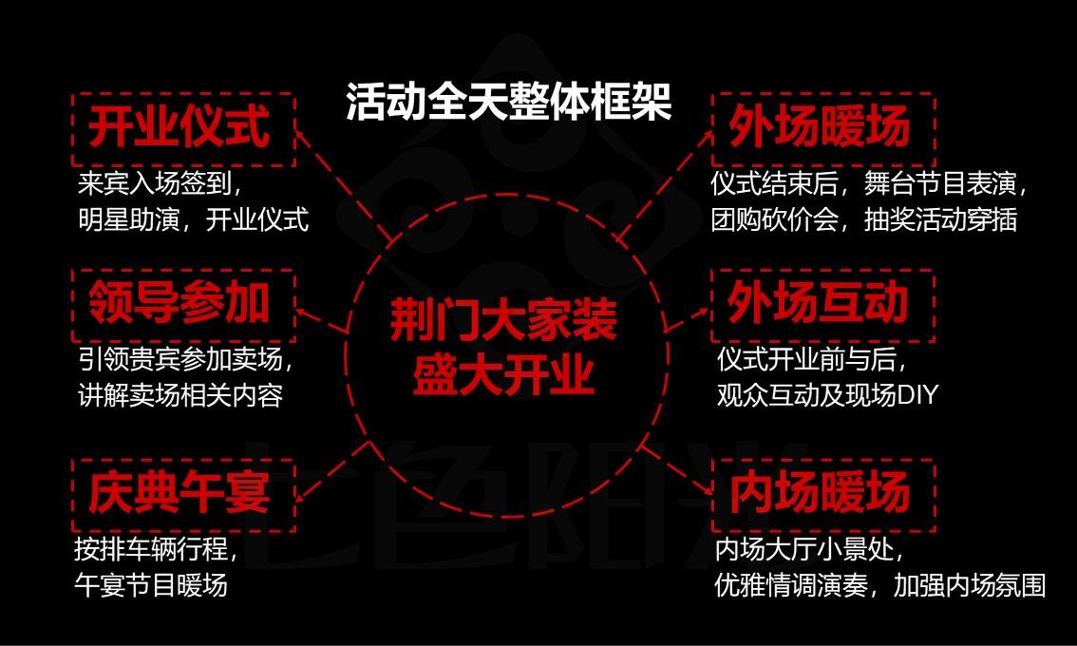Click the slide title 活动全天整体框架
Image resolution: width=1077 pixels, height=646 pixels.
click(x=508, y=103)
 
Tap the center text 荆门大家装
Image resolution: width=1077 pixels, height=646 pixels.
click(x=504, y=321)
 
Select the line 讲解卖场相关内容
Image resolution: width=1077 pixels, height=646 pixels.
click(x=179, y=396)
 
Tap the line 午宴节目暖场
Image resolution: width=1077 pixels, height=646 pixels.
click(x=151, y=585)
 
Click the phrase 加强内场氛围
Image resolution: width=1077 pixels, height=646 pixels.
click(x=969, y=585)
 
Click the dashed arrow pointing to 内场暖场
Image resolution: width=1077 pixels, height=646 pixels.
click(x=675, y=468)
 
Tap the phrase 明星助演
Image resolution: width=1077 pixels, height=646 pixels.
click(x=128, y=219)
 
